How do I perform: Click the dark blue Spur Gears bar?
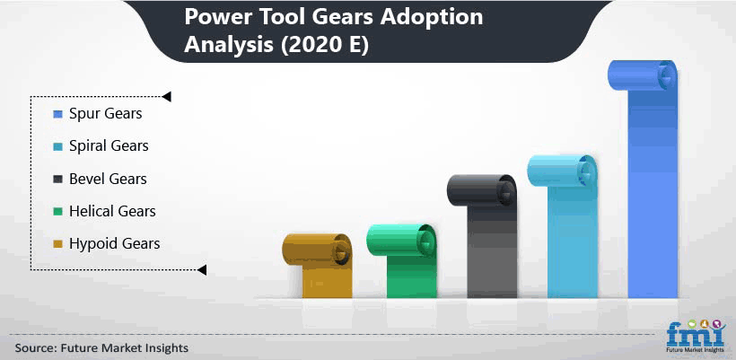653,188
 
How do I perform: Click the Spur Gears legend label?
106,114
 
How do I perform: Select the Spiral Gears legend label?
109,146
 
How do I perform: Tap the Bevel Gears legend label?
108,179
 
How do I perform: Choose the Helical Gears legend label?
112,211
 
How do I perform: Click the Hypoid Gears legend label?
115,243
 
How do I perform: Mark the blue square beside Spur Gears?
57,115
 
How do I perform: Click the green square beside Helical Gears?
57,212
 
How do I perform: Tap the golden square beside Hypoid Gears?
57,244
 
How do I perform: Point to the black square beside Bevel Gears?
57,180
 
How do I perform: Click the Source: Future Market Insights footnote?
101,347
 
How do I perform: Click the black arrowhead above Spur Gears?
166,97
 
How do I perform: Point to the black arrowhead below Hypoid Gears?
202,270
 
